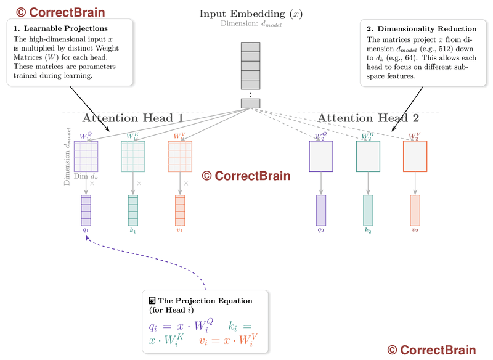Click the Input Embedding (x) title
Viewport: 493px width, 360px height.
[x=250, y=14]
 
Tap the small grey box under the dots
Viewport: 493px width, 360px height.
[x=250, y=103]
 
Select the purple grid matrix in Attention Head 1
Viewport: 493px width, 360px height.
[x=86, y=156]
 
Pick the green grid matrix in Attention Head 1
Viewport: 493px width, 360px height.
[x=132, y=156]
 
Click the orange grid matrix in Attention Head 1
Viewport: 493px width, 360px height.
[x=180, y=156]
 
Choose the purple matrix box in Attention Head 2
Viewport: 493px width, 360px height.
[x=321, y=156]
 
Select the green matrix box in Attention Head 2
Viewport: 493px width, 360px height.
[x=368, y=156]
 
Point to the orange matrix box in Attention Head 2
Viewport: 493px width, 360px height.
[x=415, y=156]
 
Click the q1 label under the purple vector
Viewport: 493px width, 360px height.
[x=86, y=230]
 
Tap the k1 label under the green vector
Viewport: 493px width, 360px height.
[x=132, y=230]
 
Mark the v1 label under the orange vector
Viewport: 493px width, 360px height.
[x=180, y=230]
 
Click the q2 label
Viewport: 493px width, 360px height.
[x=321, y=230]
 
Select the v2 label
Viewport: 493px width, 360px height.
[x=415, y=230]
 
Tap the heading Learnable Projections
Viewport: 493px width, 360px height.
[x=65, y=28]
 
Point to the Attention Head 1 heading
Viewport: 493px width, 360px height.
[x=132, y=118]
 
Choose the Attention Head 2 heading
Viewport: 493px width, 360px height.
[x=368, y=118]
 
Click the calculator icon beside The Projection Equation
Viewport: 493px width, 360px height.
[x=152, y=300]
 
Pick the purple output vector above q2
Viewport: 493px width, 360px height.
[x=321, y=210]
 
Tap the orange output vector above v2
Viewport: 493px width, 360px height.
[x=415, y=210]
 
